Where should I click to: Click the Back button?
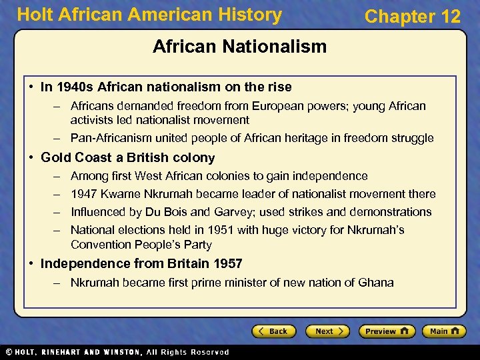click(x=273, y=331)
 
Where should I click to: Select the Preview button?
click(x=386, y=331)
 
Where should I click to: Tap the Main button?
click(x=443, y=331)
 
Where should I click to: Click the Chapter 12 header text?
click(x=413, y=17)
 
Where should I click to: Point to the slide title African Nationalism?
click(x=239, y=47)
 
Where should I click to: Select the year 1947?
click(x=85, y=194)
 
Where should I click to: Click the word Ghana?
click(x=376, y=283)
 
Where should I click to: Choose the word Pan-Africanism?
click(x=111, y=139)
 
